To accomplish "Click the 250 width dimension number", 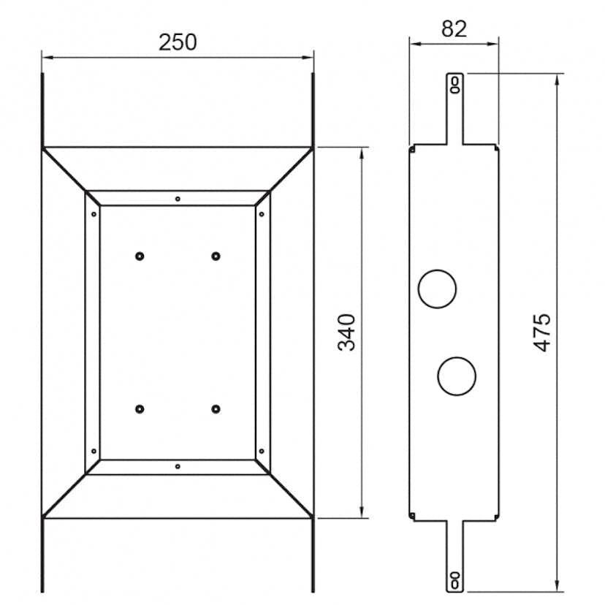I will click(x=178, y=42).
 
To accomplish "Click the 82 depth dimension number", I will click(x=454, y=28).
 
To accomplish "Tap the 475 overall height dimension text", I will click(x=541, y=332).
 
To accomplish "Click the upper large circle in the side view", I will click(x=437, y=288).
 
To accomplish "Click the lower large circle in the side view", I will click(x=457, y=376).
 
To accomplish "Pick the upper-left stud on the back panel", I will click(x=140, y=256).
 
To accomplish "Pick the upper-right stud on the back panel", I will click(x=216, y=256).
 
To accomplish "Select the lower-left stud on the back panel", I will click(x=140, y=408).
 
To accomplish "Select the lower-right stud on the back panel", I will click(x=216, y=408).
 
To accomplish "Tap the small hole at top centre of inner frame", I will click(x=178, y=198).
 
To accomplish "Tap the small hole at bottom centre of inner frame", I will click(x=178, y=465).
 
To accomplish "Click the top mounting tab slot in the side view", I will click(x=454, y=84).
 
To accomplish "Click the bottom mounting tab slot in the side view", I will click(x=454, y=579).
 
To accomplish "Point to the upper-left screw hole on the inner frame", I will click(x=93, y=214).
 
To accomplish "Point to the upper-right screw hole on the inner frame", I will click(x=262, y=214).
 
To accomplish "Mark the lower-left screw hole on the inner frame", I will click(x=93, y=451).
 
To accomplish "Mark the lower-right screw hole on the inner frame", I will click(x=262, y=451).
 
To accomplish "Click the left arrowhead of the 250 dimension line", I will click(x=46, y=56).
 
